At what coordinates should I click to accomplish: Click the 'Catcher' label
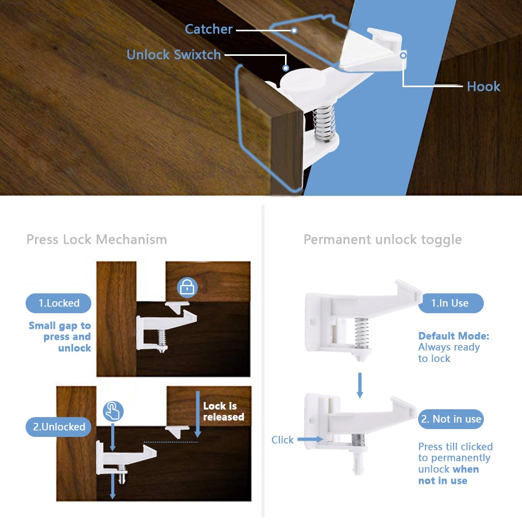(x=208, y=29)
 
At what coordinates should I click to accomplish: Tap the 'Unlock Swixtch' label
(x=173, y=55)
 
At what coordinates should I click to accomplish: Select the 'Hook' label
(x=483, y=87)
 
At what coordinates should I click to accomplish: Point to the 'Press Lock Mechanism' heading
(x=97, y=240)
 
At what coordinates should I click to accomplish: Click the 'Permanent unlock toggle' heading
(x=383, y=240)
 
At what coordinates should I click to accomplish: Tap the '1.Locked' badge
(x=58, y=303)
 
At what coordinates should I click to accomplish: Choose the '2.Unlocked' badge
(x=58, y=426)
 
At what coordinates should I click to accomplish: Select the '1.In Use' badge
(x=450, y=303)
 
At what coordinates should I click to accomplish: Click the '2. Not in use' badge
(x=451, y=419)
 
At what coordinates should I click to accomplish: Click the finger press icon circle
(x=113, y=411)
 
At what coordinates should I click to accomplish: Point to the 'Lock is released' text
(x=223, y=411)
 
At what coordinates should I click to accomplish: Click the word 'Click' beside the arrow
(x=282, y=440)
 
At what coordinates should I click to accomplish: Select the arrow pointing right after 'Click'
(x=310, y=440)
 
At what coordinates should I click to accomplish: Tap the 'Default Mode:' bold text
(x=454, y=336)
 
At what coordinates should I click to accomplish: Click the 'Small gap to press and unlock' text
(x=61, y=337)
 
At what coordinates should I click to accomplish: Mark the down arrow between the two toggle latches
(x=360, y=384)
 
